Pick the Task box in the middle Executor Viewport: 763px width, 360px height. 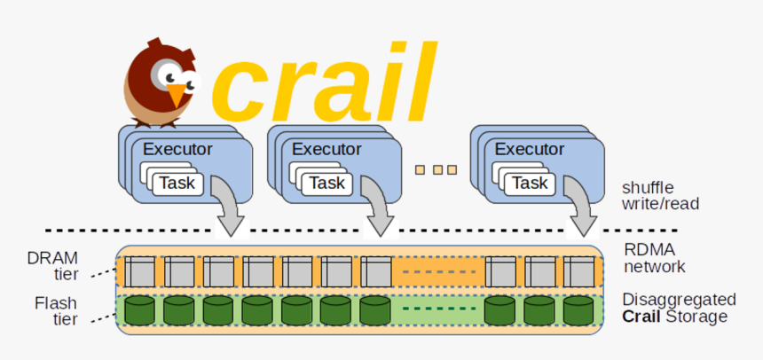327,184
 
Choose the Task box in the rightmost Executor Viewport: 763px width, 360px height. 531,183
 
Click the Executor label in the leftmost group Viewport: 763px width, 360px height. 178,149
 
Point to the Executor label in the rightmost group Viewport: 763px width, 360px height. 530,149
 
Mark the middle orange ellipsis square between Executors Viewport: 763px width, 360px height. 436,169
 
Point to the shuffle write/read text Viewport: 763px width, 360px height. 660,195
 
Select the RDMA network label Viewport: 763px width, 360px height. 655,258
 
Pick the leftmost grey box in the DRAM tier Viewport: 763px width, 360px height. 139,271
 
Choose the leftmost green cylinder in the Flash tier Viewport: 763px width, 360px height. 139,310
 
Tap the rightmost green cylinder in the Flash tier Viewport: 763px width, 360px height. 578,310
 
